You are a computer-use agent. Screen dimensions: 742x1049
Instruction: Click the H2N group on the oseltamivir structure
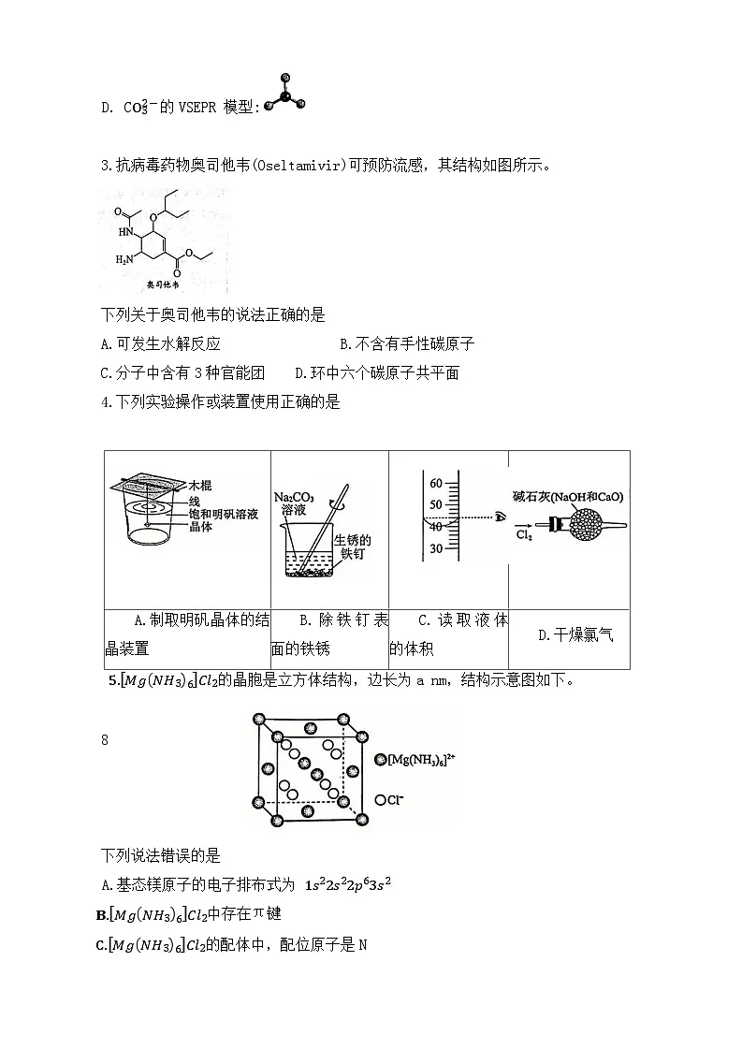click(122, 257)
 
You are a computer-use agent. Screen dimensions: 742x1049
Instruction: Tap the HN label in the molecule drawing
click(125, 231)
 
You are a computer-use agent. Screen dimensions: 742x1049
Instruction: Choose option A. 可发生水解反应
click(160, 343)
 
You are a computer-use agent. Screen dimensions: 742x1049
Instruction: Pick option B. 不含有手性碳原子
click(406, 343)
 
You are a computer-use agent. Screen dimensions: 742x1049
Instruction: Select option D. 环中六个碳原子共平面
click(376, 372)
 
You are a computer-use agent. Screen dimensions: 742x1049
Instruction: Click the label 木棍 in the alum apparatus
click(200, 486)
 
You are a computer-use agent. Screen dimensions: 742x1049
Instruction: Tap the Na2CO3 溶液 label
click(293, 502)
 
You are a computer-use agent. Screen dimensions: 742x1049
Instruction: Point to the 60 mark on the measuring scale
click(435, 484)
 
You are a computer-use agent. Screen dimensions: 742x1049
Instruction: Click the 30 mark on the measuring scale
click(435, 548)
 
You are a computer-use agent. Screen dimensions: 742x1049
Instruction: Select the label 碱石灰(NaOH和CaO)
click(568, 496)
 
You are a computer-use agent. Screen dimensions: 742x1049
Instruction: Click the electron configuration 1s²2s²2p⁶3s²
click(346, 883)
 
